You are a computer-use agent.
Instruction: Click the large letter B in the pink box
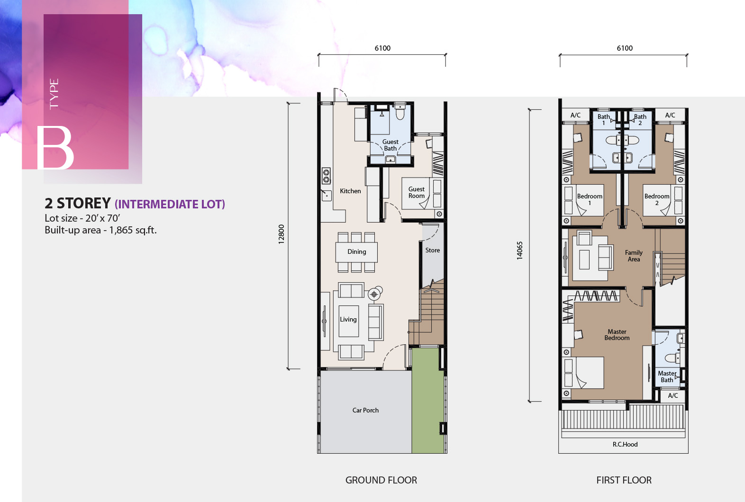[x=55, y=148]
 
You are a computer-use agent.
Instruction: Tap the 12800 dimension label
[x=282, y=234]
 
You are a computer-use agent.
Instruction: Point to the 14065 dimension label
[x=519, y=251]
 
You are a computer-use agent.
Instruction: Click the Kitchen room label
[x=350, y=191]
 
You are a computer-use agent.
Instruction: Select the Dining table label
[x=356, y=251]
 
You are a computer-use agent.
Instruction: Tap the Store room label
[x=432, y=250]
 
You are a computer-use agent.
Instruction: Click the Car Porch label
[x=365, y=410]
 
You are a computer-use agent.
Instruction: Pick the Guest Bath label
[x=390, y=145]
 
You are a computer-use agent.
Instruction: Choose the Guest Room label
[x=417, y=192]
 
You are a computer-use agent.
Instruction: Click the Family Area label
[x=634, y=256]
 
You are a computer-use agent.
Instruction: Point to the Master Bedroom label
[x=617, y=334]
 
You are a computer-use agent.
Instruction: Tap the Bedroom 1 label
[x=590, y=199]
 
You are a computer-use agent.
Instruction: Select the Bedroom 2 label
[x=657, y=199]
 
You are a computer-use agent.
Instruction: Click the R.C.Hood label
[x=625, y=444]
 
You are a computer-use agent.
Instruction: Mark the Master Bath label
[x=667, y=376]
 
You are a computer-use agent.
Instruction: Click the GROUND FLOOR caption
[x=381, y=480]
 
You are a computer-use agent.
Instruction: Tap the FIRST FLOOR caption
[x=624, y=480]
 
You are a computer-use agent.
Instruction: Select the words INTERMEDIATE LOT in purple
[x=170, y=204]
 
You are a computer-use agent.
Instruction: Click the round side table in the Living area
[x=374, y=294]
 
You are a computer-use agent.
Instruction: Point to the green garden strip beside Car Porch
[x=427, y=401]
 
